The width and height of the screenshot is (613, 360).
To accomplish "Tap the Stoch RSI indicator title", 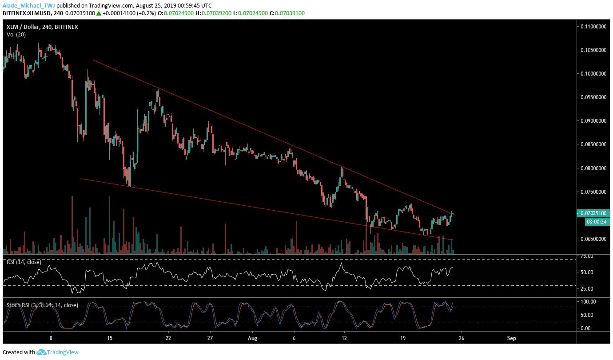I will [x=42, y=305].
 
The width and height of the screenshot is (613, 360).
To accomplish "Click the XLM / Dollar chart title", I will [x=42, y=27].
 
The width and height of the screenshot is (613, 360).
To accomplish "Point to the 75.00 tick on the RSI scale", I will [x=587, y=256].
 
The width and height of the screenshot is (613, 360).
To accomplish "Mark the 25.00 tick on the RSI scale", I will [x=587, y=289].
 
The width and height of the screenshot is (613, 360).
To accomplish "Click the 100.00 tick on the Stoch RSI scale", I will [x=588, y=302].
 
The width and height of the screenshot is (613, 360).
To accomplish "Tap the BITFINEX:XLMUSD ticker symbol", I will [x=26, y=13].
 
